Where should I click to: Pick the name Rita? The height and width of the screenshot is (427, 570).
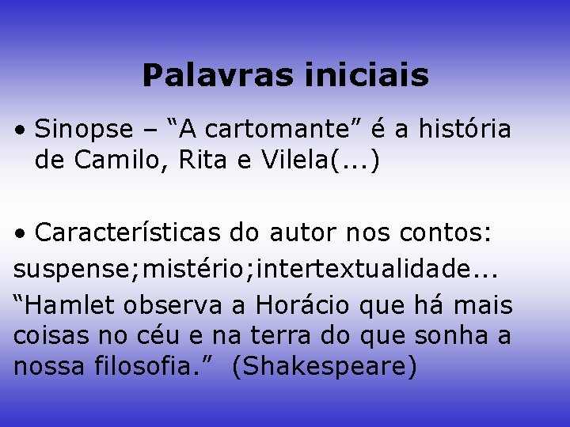coord(205,161)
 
